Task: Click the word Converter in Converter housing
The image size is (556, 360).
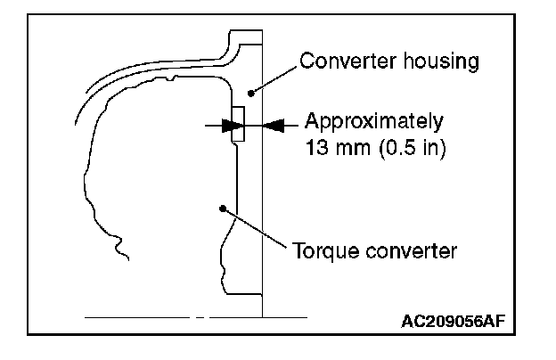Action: click(342, 61)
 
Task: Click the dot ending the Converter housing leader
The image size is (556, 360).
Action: click(252, 91)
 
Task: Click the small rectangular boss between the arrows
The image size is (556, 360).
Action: click(237, 125)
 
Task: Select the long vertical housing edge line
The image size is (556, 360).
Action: click(263, 223)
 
